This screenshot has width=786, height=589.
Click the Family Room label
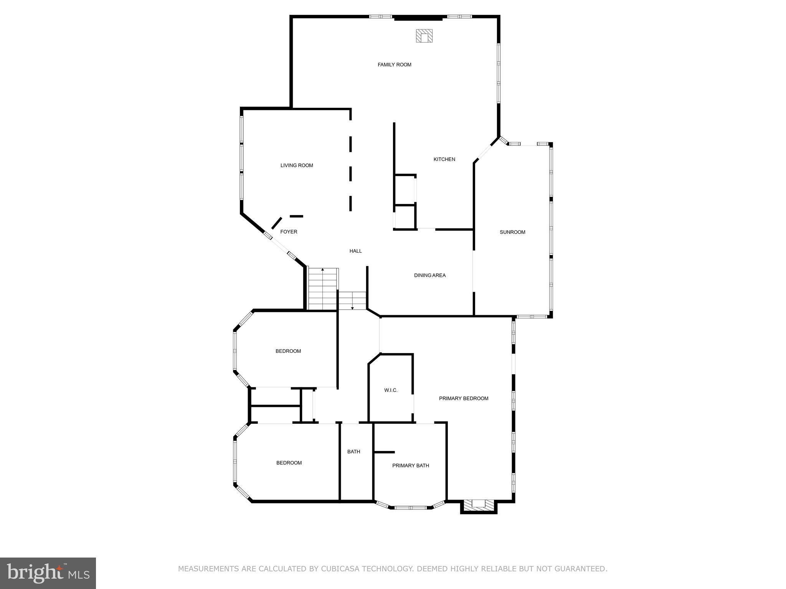point(394,65)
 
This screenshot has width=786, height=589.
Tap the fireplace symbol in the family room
point(424,36)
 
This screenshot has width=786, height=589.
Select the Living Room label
point(297,166)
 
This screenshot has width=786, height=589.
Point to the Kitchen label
point(444,160)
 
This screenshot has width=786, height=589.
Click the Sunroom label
point(512,232)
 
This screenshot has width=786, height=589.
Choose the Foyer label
point(289,232)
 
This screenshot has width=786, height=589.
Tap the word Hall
point(355,251)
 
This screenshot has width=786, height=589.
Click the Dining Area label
point(429,275)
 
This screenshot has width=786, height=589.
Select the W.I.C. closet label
point(391,390)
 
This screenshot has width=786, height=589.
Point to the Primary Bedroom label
point(464,398)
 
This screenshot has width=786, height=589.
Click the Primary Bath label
point(410,466)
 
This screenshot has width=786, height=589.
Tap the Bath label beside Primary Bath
point(353,452)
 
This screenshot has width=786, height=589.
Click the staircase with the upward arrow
point(323,288)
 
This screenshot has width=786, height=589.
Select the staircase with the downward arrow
point(352,301)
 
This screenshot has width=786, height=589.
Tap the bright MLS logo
point(48,573)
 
